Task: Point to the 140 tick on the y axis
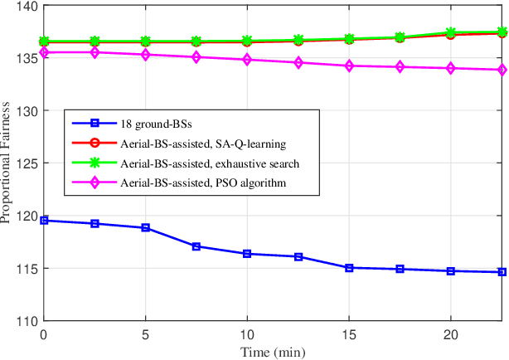(x=24, y=7)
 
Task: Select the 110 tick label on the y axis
(x=24, y=321)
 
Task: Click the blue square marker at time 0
(x=44, y=221)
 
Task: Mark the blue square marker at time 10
(x=247, y=254)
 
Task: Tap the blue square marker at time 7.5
(x=196, y=246)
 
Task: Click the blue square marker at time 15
(x=349, y=268)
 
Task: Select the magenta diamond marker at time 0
(x=44, y=52)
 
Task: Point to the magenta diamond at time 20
(x=451, y=69)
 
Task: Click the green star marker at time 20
(x=451, y=32)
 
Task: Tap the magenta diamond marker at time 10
(x=247, y=60)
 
